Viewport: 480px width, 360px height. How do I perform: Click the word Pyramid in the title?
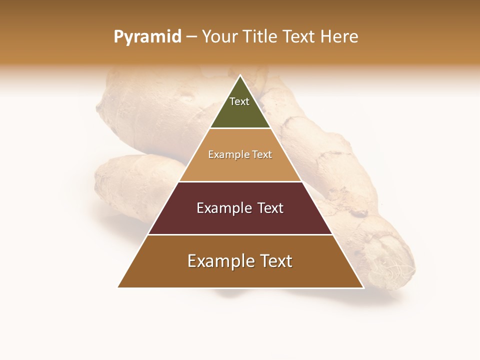coord(147,37)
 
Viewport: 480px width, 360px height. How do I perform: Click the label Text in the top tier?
coord(239,101)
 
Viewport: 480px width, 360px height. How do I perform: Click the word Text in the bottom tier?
coord(273,261)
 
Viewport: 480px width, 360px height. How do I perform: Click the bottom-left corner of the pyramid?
coord(118,287)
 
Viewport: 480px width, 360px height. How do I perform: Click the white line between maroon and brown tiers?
coord(240,234)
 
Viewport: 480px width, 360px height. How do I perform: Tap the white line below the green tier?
coord(240,128)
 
